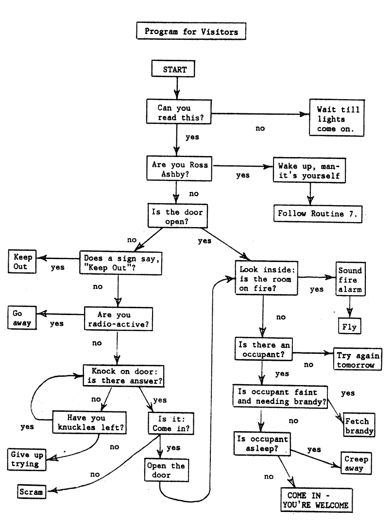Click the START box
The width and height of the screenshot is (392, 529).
(x=174, y=69)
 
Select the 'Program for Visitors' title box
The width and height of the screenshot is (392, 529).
(x=191, y=32)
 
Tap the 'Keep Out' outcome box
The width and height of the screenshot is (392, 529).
(x=21, y=262)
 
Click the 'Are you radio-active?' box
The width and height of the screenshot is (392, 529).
(x=117, y=319)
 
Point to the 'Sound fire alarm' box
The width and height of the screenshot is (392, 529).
(x=350, y=280)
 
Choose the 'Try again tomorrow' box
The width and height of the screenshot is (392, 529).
(x=356, y=360)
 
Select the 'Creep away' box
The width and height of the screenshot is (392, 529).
(x=356, y=463)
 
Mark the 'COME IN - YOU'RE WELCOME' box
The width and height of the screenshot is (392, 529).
(x=316, y=500)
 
